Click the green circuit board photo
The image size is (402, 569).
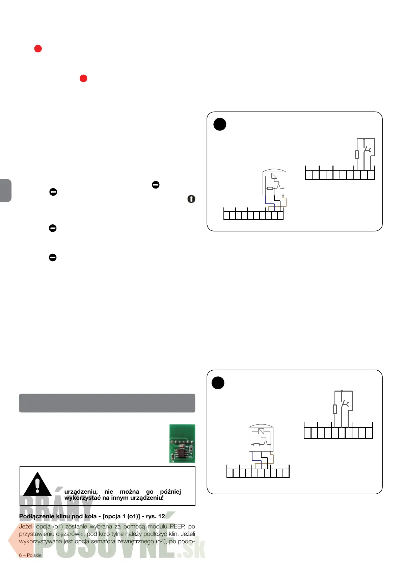[182, 443]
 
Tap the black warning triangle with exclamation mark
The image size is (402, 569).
[37, 485]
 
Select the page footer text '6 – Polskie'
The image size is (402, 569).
[30, 555]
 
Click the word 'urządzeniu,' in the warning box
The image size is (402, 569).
[81, 492]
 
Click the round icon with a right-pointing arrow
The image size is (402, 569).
[156, 185]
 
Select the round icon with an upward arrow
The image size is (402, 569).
[191, 199]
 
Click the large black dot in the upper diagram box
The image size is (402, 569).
[220, 124]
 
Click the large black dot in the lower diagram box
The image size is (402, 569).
[218, 383]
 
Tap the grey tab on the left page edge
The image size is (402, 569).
[6, 191]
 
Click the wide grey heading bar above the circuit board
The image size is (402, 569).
[107, 403]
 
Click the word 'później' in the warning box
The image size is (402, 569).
[170, 492]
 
